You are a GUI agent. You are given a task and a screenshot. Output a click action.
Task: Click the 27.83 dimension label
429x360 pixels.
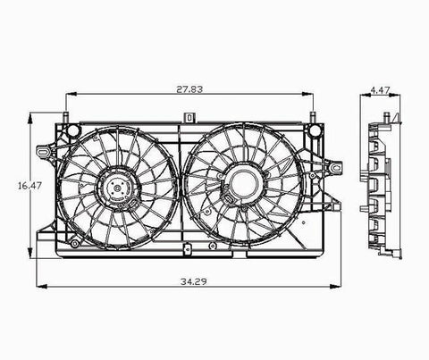(189, 89)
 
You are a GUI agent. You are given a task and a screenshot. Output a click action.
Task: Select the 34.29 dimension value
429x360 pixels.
(193, 281)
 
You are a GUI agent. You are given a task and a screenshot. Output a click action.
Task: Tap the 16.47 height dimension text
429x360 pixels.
(29, 186)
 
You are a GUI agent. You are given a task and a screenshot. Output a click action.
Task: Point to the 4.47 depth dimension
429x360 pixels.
(380, 90)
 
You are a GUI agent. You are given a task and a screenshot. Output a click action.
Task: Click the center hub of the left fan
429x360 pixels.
(118, 188)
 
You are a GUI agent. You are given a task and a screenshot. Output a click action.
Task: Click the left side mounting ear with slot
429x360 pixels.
(44, 151)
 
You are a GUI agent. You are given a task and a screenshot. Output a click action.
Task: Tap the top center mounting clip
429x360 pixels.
(189, 117)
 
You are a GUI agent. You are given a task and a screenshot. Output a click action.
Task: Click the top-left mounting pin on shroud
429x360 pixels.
(66, 117)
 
